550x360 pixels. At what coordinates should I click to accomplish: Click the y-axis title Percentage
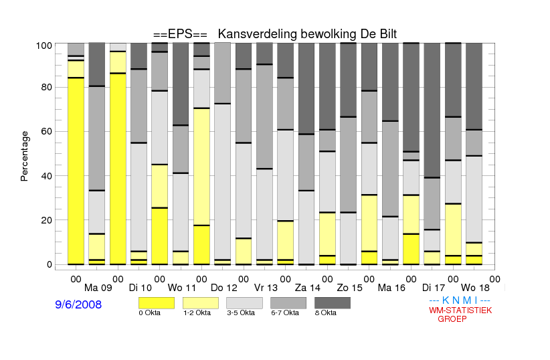coord(24,156)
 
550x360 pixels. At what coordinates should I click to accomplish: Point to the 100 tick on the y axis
coord(44,46)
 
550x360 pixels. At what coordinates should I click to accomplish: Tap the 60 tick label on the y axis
coord(47,132)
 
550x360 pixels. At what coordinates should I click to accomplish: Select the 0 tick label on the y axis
coord(50,264)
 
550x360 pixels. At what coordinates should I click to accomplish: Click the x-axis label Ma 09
coord(98,288)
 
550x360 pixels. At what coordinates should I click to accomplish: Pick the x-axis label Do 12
coord(223,288)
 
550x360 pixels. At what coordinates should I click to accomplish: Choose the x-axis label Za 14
coord(308,288)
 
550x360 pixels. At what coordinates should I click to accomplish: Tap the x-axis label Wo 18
coord(475,288)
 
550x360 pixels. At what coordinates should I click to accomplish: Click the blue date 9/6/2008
coord(78,304)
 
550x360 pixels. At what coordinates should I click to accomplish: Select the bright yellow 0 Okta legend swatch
coord(157,303)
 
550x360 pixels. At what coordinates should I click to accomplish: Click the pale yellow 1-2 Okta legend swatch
coord(201,303)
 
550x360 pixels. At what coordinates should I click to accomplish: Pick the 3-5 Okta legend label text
coord(241,312)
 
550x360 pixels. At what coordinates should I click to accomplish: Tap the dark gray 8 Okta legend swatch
coord(333,303)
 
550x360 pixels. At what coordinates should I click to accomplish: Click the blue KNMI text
coord(460,300)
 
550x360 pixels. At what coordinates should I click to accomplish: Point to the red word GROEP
coord(452,319)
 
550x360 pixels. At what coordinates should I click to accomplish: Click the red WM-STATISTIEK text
coord(460,310)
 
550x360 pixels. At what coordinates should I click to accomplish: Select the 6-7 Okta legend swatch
coord(288,303)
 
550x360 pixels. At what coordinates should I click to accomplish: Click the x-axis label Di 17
coord(433,288)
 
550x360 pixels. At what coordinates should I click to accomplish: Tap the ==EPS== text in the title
coord(180,34)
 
